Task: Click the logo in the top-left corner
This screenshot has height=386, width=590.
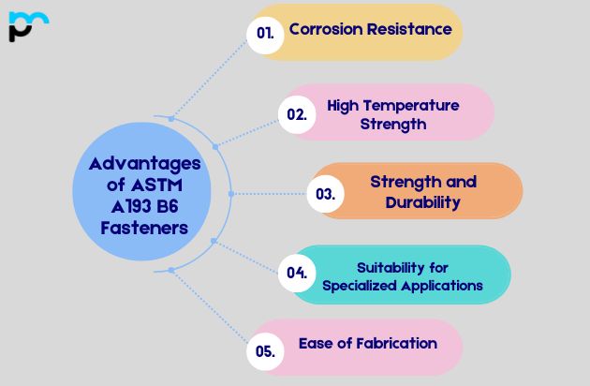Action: (27, 26)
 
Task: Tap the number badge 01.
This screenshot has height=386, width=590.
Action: (265, 32)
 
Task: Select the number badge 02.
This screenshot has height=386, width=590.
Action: (297, 114)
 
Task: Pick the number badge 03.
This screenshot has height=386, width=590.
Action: (326, 195)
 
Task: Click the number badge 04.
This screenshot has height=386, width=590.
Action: (298, 274)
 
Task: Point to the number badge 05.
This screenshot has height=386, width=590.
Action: (265, 352)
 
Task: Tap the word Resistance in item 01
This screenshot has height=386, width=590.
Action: (408, 29)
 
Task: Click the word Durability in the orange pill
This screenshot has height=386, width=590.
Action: (423, 201)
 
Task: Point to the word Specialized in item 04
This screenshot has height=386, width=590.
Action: (358, 286)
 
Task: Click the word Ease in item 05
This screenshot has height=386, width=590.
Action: (316, 343)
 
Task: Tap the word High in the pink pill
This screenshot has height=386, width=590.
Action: (343, 105)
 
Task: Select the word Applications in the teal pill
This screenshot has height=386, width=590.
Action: (439, 286)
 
